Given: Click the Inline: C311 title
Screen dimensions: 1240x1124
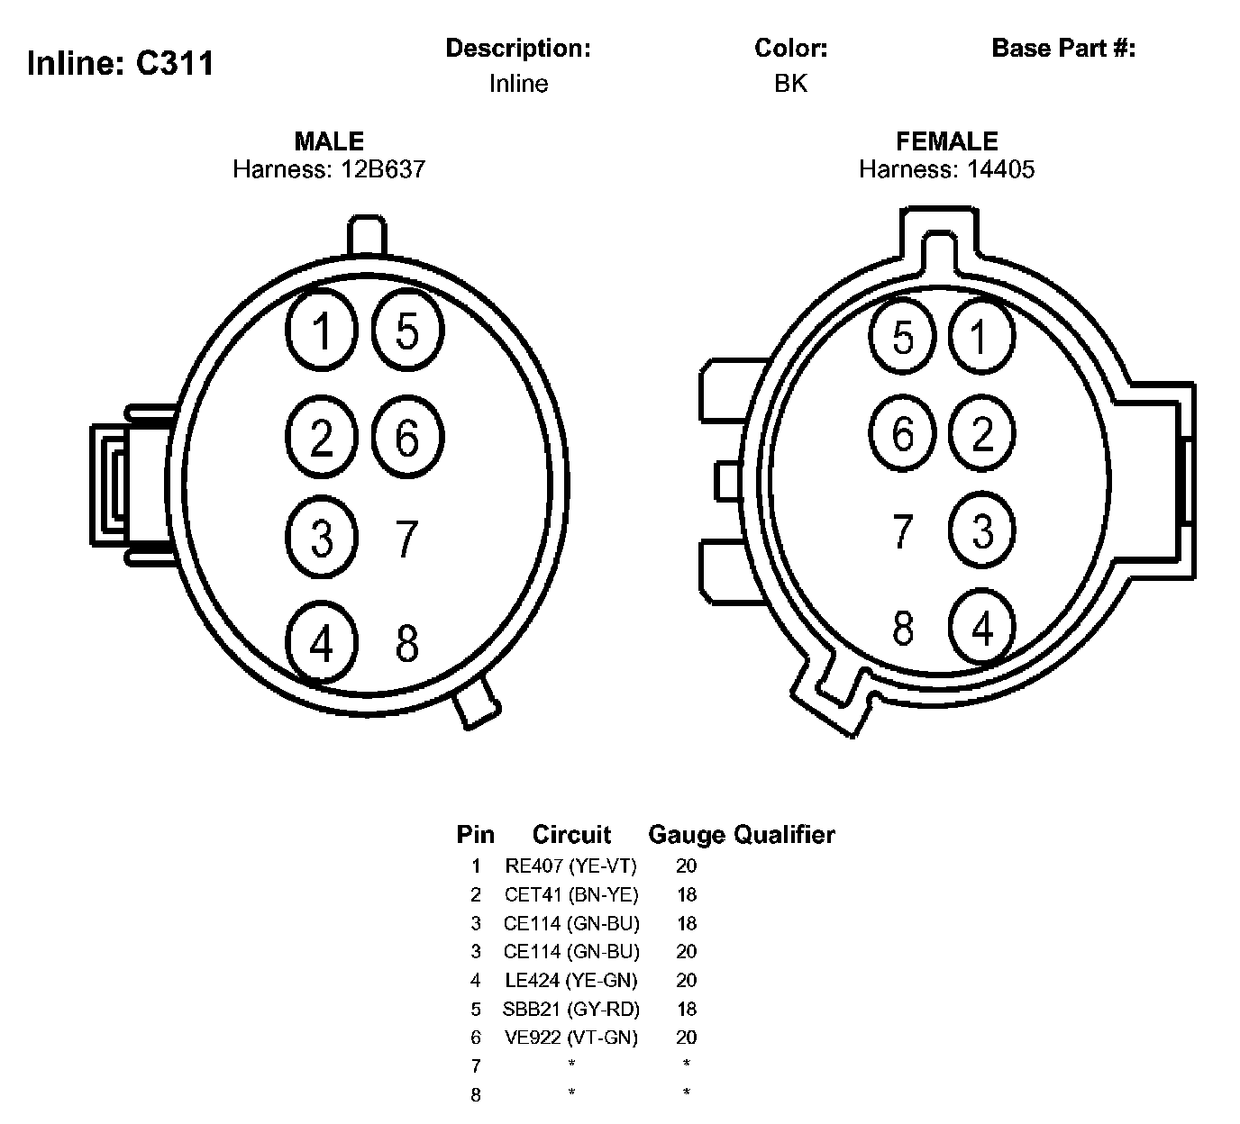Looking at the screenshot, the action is pyautogui.click(x=121, y=63).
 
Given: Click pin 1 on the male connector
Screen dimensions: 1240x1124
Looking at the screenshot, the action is pyautogui.click(x=322, y=330).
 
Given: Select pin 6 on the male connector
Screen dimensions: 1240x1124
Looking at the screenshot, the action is pyautogui.click(x=407, y=438).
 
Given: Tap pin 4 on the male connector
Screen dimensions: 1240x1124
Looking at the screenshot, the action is pyautogui.click(x=322, y=643).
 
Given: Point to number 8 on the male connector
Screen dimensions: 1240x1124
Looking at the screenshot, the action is pyautogui.click(x=407, y=643).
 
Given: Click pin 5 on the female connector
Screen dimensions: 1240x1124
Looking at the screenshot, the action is pyautogui.click(x=903, y=337).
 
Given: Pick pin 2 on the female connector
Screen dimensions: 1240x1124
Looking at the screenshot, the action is pyautogui.click(x=982, y=433).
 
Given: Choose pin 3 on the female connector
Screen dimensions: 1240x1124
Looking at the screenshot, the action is pyautogui.click(x=982, y=530).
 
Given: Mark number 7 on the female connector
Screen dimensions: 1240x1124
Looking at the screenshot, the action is pyautogui.click(x=903, y=531).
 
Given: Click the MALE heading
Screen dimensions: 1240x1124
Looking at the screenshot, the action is pyautogui.click(x=329, y=141).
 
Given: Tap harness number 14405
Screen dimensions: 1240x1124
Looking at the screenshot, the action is pyautogui.click(x=1000, y=169).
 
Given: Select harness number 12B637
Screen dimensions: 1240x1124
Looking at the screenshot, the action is pyautogui.click(x=382, y=169).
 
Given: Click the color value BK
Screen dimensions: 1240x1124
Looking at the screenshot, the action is pyautogui.click(x=790, y=84).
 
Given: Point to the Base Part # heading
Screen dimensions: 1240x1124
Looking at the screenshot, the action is pyautogui.click(x=1063, y=48).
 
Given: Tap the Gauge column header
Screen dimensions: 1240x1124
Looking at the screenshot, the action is pyautogui.click(x=687, y=835).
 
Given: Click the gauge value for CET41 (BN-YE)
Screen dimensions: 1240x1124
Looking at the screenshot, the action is pyautogui.click(x=687, y=895).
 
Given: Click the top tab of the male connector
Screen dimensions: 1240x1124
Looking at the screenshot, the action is pyautogui.click(x=367, y=236).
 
